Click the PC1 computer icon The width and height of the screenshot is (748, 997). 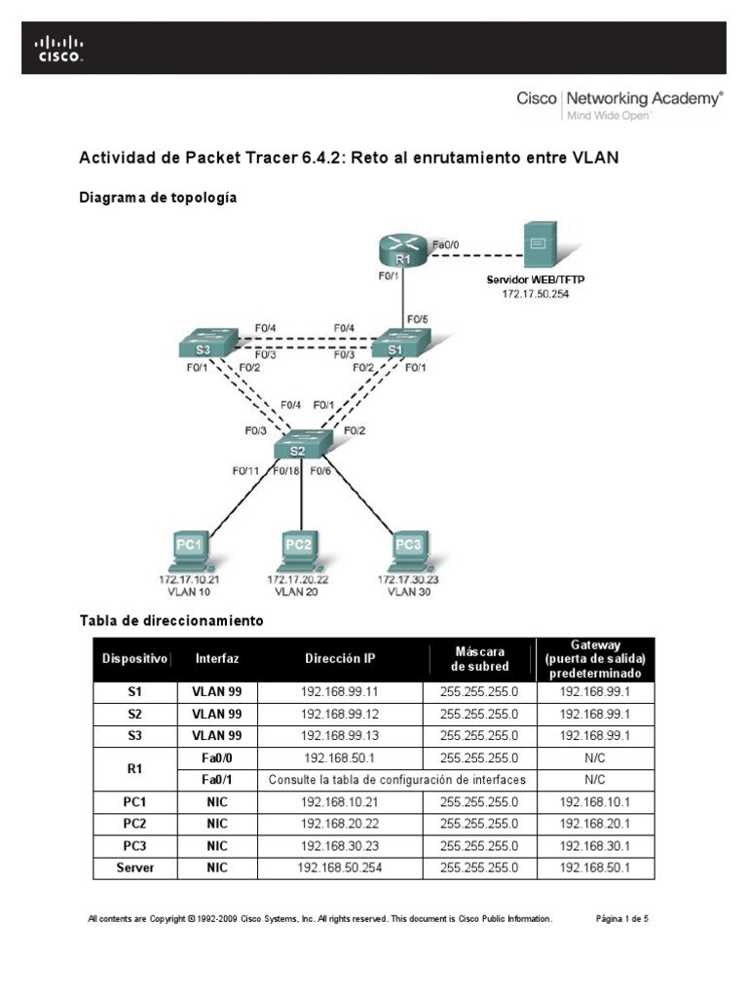(188, 551)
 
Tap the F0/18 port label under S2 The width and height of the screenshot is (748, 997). (285, 471)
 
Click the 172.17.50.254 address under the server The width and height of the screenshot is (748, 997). (536, 292)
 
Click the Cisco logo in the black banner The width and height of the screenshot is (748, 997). (59, 48)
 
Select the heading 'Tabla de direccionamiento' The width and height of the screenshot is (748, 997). (170, 619)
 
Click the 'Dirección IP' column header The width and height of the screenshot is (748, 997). (339, 659)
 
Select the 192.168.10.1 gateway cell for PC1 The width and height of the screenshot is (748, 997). (594, 802)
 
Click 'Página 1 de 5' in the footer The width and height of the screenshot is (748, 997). (621, 918)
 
